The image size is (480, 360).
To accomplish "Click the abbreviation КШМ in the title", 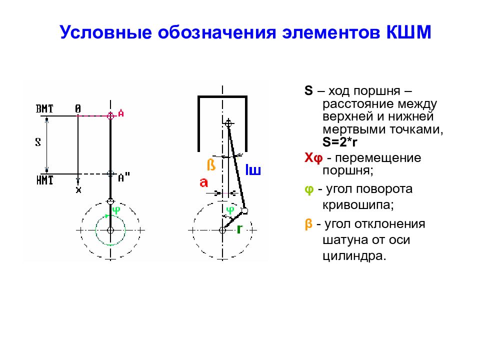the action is coord(408,32).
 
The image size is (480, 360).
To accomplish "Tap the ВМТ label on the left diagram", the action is coord(44,108).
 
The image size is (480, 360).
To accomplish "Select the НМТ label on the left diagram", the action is coord(44,180).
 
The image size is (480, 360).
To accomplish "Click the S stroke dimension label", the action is coord(38,142).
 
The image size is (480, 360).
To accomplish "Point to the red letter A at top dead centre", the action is coord(121,113).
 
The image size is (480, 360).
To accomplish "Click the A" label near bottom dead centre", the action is coord(124,177).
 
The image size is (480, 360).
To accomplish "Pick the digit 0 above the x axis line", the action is coord(78,108).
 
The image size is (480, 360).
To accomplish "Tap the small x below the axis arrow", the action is coord(78,190).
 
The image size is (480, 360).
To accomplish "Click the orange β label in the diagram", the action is coord(211,164).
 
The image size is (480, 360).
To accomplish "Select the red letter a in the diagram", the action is coord(203,183).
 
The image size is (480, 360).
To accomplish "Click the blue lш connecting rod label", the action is coord(253,170).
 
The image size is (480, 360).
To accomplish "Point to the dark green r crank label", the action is coord(239,228).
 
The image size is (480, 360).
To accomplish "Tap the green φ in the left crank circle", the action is coord(116,210).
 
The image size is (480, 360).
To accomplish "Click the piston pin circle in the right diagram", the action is coord(228,123).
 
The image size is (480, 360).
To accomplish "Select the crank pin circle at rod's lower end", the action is coord(244,210).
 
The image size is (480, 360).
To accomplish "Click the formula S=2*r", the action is coord(340,142).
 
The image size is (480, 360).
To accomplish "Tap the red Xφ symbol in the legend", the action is coord(313,158).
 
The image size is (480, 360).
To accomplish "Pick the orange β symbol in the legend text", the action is coord(308,224).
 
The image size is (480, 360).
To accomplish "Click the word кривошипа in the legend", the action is coord(358,204).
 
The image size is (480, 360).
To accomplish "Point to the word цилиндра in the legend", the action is coord(354,255).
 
